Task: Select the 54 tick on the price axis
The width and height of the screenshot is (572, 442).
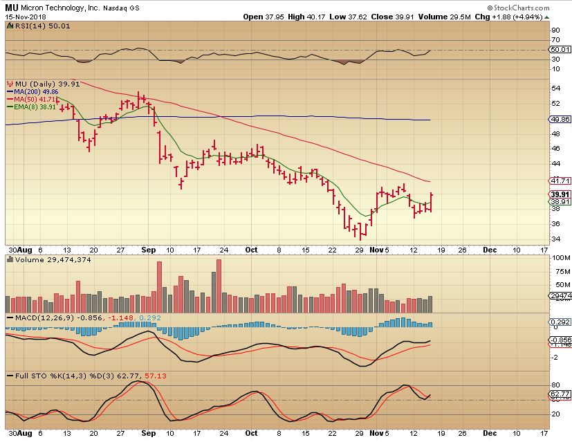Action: (555, 89)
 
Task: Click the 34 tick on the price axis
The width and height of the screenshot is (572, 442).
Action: (555, 239)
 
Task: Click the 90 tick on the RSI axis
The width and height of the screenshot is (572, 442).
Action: (555, 30)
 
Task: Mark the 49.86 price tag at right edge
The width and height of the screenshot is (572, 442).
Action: (560, 119)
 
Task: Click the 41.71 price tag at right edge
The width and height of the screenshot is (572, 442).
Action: (560, 181)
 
